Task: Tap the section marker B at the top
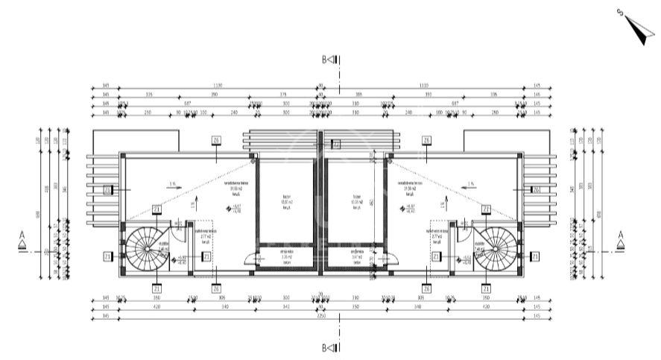(x=330, y=59)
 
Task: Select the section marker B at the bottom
(x=330, y=347)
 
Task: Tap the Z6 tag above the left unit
(x=216, y=140)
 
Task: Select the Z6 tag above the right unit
(x=426, y=140)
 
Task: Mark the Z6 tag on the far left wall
(x=108, y=190)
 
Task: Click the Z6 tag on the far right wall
(x=536, y=190)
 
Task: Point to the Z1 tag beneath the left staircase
(x=156, y=288)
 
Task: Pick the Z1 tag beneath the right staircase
(x=485, y=288)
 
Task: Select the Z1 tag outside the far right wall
(x=534, y=256)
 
